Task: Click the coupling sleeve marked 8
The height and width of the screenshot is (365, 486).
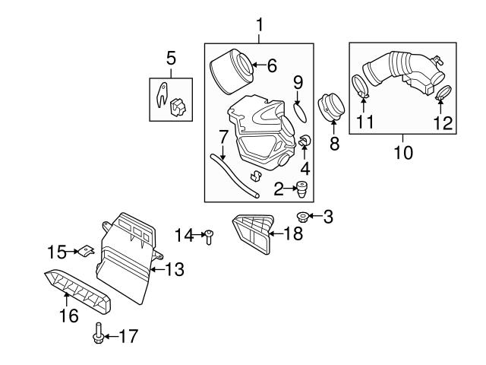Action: click(x=331, y=108)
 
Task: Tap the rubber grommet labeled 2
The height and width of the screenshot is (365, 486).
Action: click(x=303, y=188)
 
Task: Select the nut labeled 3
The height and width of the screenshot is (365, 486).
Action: click(x=302, y=217)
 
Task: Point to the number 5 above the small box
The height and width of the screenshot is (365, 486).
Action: click(x=171, y=57)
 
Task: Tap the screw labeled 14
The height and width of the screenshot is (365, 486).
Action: click(x=208, y=238)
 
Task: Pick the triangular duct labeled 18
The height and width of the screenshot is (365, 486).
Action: click(x=252, y=232)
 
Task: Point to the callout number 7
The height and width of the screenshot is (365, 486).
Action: click(x=223, y=138)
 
